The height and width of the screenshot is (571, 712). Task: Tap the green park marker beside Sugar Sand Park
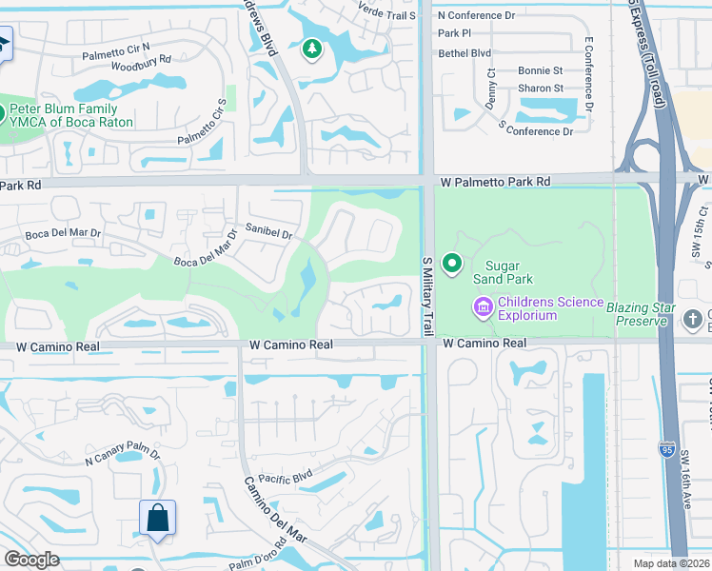click(x=452, y=264)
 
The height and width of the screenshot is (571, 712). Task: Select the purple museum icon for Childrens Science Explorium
click(x=483, y=306)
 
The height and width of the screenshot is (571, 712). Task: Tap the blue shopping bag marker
click(x=158, y=519)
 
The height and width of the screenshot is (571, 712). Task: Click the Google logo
click(x=31, y=560)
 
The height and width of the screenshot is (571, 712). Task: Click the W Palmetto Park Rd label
click(x=495, y=181)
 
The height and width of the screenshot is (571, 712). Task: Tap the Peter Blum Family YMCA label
click(x=71, y=116)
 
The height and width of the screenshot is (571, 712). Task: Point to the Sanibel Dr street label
click(x=269, y=232)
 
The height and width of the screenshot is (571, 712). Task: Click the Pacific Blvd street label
click(x=286, y=479)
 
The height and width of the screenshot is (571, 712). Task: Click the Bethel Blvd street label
click(x=464, y=53)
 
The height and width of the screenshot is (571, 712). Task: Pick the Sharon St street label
click(x=541, y=89)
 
